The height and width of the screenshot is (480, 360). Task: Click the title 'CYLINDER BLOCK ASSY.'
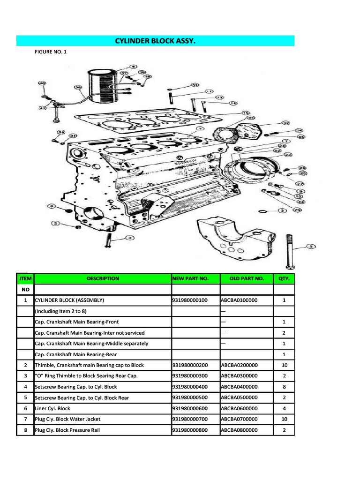155,41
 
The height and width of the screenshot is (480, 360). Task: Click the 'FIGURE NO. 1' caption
51,52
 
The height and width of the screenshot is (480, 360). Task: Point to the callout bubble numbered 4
127,238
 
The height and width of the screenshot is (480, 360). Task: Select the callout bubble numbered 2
56,224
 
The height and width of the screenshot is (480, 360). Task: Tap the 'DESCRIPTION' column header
103,278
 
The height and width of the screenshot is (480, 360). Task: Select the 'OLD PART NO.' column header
247,278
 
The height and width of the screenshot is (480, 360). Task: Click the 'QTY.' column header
284,278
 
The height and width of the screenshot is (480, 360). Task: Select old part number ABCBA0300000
239,376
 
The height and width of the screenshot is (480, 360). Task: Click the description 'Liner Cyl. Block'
52,408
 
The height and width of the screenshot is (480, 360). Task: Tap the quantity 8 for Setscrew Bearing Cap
284,387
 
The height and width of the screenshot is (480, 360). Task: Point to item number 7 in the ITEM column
25,419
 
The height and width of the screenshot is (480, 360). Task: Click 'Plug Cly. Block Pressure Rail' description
67,430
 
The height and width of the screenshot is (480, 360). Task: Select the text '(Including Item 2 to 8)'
61,311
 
